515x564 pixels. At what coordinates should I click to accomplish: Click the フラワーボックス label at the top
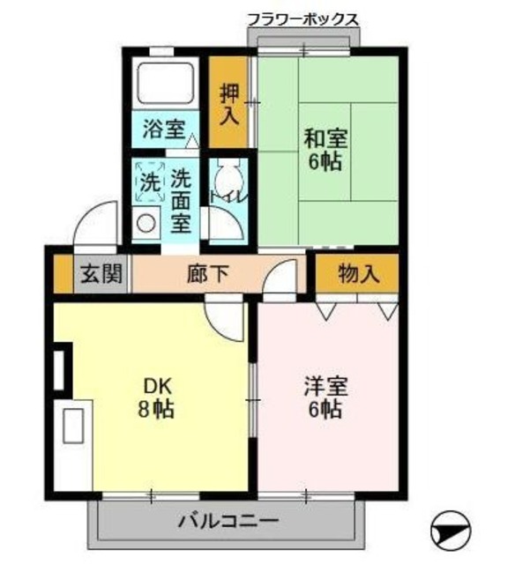[x=302, y=19]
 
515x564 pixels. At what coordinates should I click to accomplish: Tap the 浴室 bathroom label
[x=164, y=130]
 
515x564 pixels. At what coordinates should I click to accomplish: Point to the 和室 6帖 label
[x=325, y=150]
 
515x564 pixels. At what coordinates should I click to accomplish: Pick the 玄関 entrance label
[x=101, y=273]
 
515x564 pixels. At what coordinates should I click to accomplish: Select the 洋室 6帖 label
[x=325, y=397]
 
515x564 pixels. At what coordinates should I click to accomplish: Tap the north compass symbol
[x=450, y=530]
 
